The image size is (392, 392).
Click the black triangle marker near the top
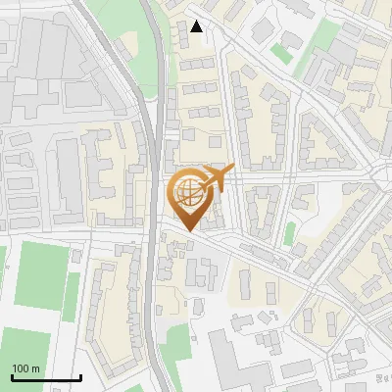click(197, 26)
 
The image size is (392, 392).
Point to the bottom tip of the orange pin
click(186, 231)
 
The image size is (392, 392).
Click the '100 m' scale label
click(25, 368)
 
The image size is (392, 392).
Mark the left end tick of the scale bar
click(12, 376)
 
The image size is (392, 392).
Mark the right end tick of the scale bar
click(80, 376)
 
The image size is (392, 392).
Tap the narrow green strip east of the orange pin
click(290, 234)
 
